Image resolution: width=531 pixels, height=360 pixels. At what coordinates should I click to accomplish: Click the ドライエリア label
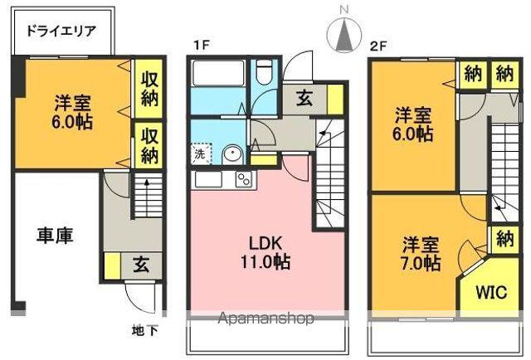[x=61, y=33]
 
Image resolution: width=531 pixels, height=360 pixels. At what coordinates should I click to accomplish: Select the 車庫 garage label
[x=55, y=235]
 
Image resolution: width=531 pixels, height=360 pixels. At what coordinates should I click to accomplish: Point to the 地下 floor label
[x=145, y=330]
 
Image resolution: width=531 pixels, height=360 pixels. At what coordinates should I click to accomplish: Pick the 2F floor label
[x=378, y=46]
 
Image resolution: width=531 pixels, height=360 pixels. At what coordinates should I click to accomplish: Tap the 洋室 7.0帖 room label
[x=421, y=254]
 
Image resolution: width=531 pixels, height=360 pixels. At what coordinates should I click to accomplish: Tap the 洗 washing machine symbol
[x=200, y=153]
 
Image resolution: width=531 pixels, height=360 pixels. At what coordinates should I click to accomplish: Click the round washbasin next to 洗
[x=232, y=153]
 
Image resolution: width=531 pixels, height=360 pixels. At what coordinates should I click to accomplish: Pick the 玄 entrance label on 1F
[x=304, y=98]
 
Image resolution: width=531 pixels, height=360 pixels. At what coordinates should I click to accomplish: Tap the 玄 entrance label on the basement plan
[x=140, y=266]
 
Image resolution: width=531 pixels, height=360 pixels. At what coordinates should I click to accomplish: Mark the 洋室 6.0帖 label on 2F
[x=412, y=122]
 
